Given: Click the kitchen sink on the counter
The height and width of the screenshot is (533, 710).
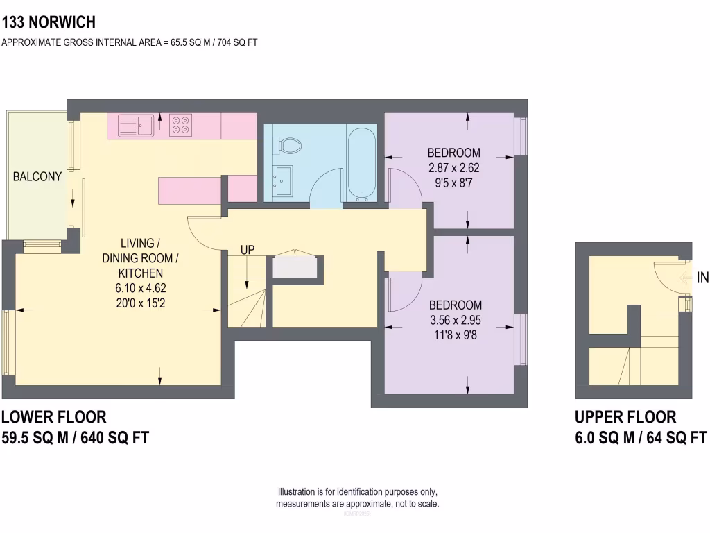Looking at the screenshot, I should pos(135,126).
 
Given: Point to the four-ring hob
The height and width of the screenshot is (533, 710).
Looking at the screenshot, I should pos(182,125).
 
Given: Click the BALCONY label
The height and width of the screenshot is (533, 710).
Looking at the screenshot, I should pos(37,177).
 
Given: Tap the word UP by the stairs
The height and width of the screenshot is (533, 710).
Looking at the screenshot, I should pos(248,249).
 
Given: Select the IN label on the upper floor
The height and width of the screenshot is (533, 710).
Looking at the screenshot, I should pos(702,278).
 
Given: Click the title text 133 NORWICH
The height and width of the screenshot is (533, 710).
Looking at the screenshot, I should pos(49,23).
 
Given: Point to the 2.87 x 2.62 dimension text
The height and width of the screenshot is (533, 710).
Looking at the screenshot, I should pos(453,167).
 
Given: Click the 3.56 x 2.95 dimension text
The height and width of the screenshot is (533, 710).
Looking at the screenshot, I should pos(455,320).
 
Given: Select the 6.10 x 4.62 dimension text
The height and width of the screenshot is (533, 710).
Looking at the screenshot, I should pos(141,287).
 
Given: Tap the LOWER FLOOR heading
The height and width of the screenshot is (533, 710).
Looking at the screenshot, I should pos(54,417).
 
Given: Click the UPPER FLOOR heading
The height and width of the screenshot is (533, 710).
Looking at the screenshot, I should pos(625,417).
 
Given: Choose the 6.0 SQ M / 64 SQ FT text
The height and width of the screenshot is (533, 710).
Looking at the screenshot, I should pos(640,438).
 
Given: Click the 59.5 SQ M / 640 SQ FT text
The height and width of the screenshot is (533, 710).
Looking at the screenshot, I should pos(75,438).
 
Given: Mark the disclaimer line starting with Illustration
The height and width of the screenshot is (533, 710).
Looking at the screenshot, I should pos(357,492).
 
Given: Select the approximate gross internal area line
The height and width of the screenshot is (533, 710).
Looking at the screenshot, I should pos(130,42).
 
